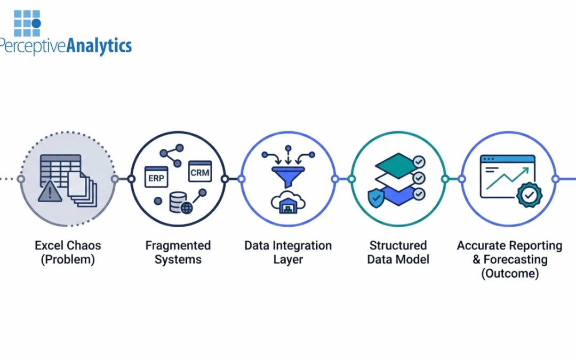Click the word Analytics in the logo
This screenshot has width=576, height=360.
98,46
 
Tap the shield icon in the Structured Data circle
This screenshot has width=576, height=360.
375,198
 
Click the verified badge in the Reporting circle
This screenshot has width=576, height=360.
529,196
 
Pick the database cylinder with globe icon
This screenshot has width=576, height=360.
178,203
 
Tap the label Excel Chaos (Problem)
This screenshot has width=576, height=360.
68,252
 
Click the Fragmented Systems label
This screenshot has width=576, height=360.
178,252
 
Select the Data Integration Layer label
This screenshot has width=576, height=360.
288,252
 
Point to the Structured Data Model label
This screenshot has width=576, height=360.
398,252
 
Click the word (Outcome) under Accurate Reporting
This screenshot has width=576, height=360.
509,274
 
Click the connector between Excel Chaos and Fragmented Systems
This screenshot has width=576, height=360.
123,179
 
